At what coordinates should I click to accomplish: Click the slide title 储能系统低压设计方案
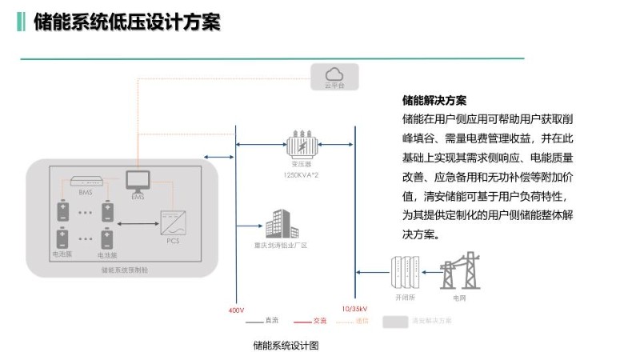pos(126,22)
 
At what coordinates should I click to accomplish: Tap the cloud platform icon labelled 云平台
pos(334,75)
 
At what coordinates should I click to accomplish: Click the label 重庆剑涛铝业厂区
pos(276,246)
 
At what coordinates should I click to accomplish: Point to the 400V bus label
pos(236,309)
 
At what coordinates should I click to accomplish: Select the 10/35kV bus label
pos(354,309)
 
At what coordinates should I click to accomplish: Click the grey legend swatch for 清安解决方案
pos(394,322)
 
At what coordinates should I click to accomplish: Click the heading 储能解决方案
pos(434,101)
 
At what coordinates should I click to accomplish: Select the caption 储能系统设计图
pos(286,346)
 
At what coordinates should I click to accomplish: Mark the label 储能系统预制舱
pos(124,270)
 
